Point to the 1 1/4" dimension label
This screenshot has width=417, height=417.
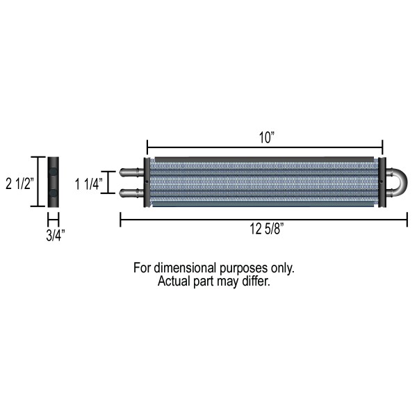coord(88,183)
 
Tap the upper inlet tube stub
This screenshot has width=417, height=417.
coord(131,172)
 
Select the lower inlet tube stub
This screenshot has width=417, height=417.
coord(131,193)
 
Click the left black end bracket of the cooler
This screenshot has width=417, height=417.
coord(147,183)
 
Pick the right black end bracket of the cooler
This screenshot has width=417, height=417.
coord(382,183)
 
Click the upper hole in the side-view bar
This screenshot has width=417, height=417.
coord(54,171)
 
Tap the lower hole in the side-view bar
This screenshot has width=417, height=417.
coord(54,193)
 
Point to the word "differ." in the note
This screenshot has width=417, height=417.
coord(254,282)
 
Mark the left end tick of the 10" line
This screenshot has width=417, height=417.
coord(147,147)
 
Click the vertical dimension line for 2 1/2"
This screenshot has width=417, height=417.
coord(39,182)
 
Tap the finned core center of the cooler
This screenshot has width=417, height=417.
coord(264,183)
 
